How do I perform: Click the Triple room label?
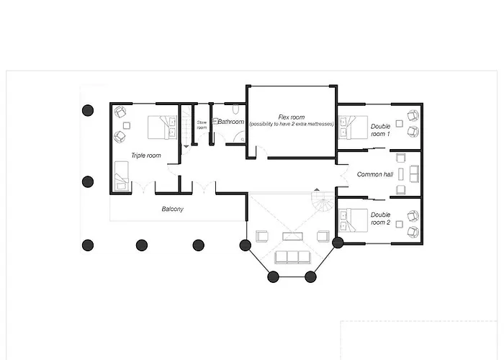pyautogui.click(x=146, y=156)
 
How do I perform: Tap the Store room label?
pyautogui.click(x=202, y=125)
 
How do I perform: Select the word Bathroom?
pyautogui.click(x=231, y=122)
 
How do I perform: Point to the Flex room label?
pyautogui.click(x=292, y=120)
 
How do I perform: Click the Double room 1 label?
pyautogui.click(x=381, y=130)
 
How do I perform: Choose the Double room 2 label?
pyautogui.click(x=381, y=219)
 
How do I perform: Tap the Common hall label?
pyautogui.click(x=375, y=174)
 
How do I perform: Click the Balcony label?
pyautogui.click(x=173, y=209)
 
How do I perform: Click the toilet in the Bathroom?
pyautogui.click(x=235, y=109)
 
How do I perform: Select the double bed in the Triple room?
pyautogui.click(x=162, y=127)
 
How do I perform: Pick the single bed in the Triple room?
pyautogui.click(x=122, y=176)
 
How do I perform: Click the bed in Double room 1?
pyautogui.click(x=353, y=127)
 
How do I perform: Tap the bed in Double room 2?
pyautogui.click(x=353, y=220)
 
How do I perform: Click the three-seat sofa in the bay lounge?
pyautogui.click(x=292, y=258)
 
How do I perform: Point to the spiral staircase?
pyautogui.click(x=323, y=201)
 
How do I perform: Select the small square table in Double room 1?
pyautogui.click(x=399, y=123)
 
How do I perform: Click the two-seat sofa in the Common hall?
pyautogui.click(x=414, y=174)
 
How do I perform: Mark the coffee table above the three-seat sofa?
pyautogui.click(x=292, y=237)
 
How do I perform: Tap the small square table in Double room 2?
pyautogui.click(x=399, y=225)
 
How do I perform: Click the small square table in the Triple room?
pyautogui.click(x=127, y=126)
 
